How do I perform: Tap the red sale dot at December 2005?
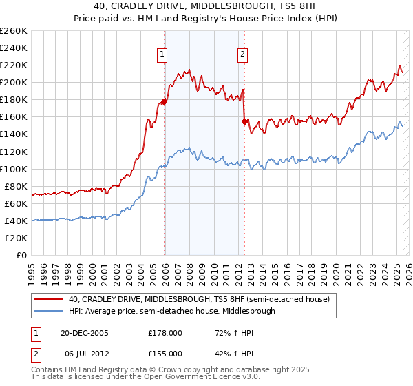point(165,101)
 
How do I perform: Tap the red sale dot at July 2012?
point(244,121)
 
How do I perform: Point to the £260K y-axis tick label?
point(13,31)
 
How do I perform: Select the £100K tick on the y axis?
point(13,169)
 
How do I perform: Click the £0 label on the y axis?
point(21,255)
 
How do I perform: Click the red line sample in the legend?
point(49,299)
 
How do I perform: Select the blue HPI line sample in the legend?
point(49,311)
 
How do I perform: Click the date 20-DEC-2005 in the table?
point(85,333)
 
